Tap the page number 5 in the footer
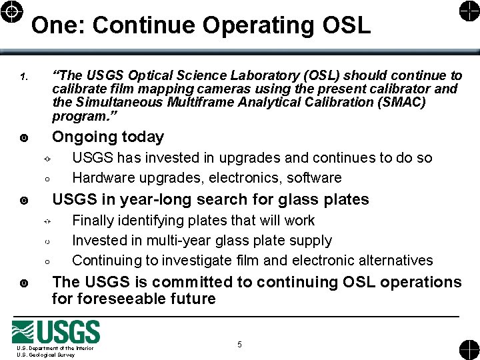pyautogui.click(x=239, y=345)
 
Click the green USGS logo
pyautogui.click(x=56, y=332)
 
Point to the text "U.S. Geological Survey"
pyautogui.click(x=46, y=355)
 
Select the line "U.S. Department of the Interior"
pyautogui.click(x=55, y=348)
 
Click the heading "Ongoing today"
pyautogui.click(x=108, y=137)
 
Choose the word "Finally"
pyautogui.click(x=93, y=220)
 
